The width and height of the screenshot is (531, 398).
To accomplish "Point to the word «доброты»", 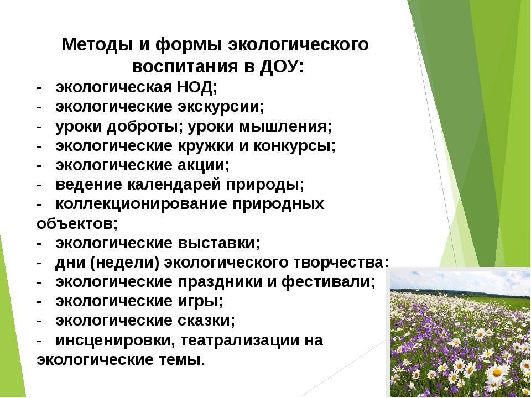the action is [142, 127].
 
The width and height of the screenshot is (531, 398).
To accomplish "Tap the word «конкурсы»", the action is [292, 146].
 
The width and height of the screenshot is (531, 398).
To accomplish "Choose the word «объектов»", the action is [75, 224].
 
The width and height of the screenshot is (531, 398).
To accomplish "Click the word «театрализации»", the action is [240, 341].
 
